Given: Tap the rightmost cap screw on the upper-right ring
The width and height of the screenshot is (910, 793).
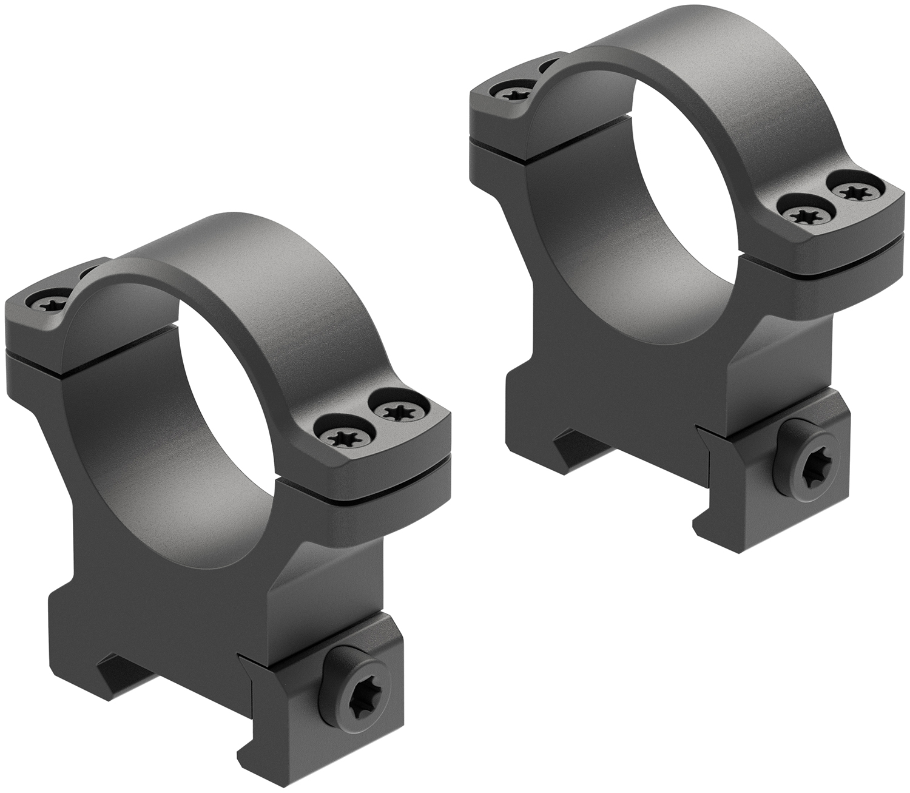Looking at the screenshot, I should click(852, 192).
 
